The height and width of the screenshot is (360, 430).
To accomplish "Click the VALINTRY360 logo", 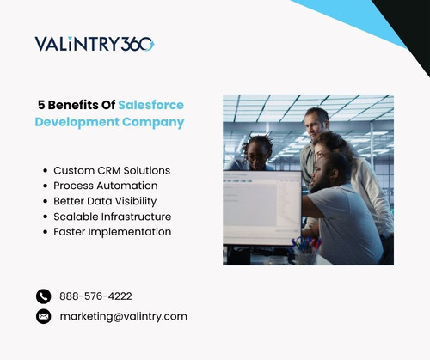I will point(95,44).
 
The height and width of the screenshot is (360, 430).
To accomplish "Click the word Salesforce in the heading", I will point(151,104).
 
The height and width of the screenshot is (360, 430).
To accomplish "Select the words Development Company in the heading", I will point(109,122).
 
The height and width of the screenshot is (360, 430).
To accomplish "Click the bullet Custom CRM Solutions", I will point(112,170).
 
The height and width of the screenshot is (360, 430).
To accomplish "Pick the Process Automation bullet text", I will point(106,186).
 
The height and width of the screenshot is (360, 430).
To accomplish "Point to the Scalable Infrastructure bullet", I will point(112,217).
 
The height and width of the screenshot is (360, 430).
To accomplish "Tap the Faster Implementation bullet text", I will point(112,232).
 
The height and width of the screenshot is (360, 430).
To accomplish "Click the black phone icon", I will point(44,296).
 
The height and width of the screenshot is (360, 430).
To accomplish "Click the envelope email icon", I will point(44,316).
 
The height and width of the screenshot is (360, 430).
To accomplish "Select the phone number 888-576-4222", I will point(95,296).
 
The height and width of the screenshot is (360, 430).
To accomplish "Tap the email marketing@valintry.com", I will point(123,316).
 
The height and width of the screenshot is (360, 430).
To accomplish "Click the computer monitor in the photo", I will point(261,207).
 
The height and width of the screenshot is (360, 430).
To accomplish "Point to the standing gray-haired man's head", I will point(316,121).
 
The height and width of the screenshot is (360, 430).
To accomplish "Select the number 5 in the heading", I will point(41,104).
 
